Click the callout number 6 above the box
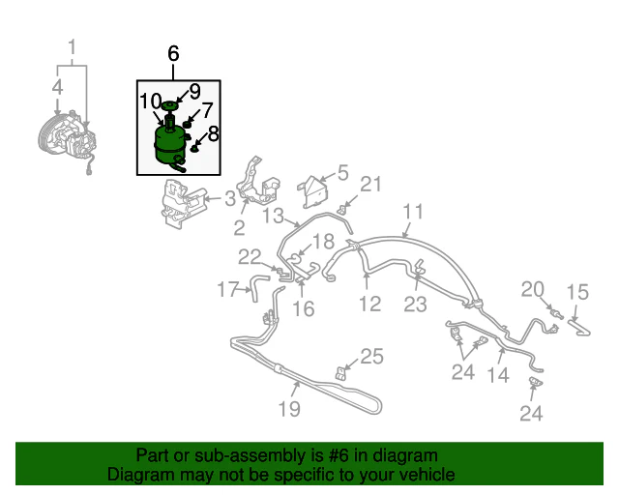(173, 53)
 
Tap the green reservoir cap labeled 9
(169, 105)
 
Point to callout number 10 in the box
(151, 102)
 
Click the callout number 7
(208, 111)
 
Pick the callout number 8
(213, 133)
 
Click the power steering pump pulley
(49, 135)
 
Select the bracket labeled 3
(183, 203)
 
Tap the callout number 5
(343, 173)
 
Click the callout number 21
(371, 185)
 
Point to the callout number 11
(413, 212)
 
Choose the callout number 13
(273, 216)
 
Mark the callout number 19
(289, 409)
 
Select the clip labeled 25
(340, 373)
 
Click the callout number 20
(533, 290)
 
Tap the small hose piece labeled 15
(579, 328)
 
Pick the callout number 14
(498, 374)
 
